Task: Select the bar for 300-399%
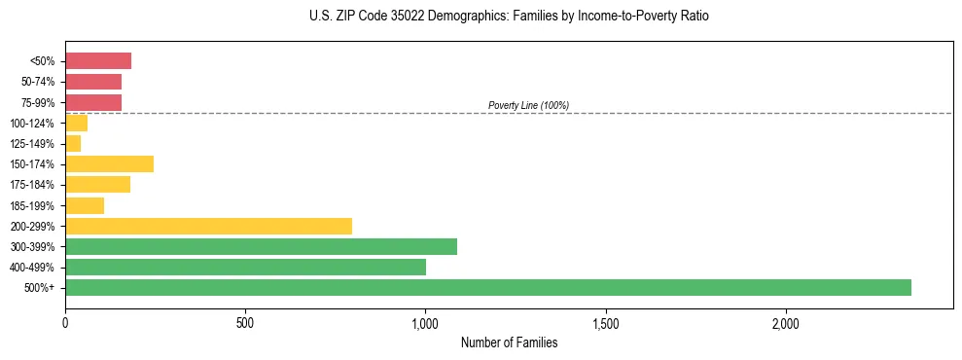point(261,246)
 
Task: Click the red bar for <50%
point(98,61)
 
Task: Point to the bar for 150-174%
point(109,163)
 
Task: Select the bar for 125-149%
point(73,143)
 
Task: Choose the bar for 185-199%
point(85,205)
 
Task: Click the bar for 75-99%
point(93,102)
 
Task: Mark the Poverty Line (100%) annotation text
point(528,105)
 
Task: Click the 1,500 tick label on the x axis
point(605,323)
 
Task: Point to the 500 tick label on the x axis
point(245,323)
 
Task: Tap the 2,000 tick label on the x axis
point(785,323)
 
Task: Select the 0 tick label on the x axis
point(65,323)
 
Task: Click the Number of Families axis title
point(509,342)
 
